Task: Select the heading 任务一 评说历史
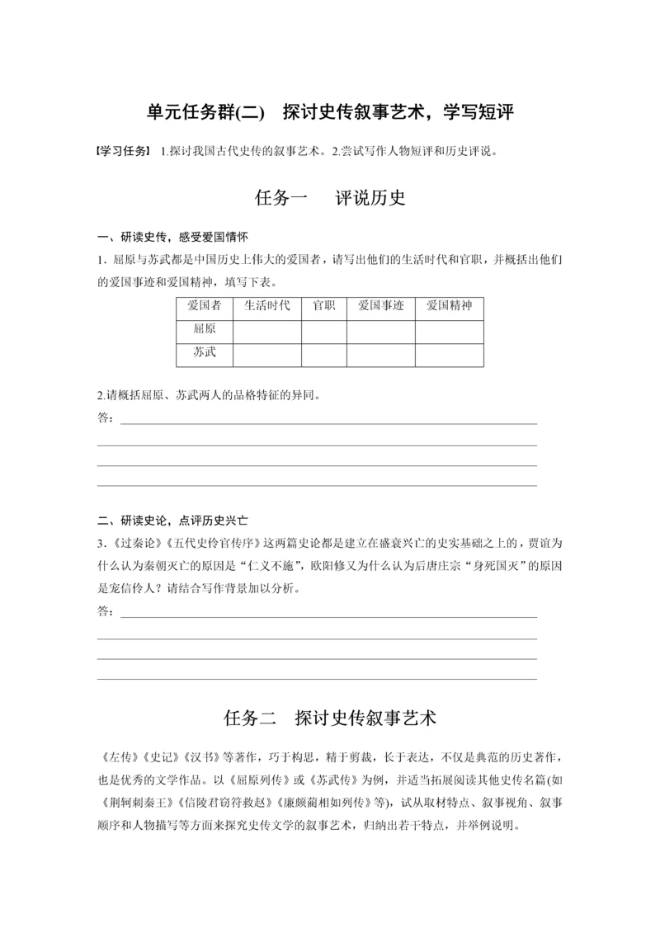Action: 330,198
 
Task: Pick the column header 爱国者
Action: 205,306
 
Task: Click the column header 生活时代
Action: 267,306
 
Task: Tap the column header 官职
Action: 323,306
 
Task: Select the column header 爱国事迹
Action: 380,306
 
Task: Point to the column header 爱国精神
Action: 449,306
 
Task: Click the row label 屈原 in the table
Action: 205,329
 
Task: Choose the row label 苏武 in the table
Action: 205,353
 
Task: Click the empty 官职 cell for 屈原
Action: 323,330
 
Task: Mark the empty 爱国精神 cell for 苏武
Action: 449,354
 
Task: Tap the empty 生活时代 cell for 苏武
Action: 267,354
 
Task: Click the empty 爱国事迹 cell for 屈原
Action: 380,330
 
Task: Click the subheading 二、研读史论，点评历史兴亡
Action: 173,521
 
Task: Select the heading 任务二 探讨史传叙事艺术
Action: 330,718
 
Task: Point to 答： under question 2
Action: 106,417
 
